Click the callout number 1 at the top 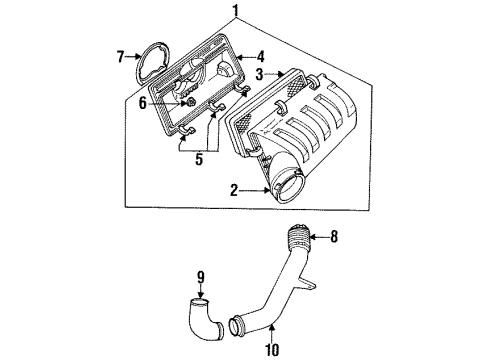pyautogui.click(x=236, y=11)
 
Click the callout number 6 pyautogui.click(x=143, y=101)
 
